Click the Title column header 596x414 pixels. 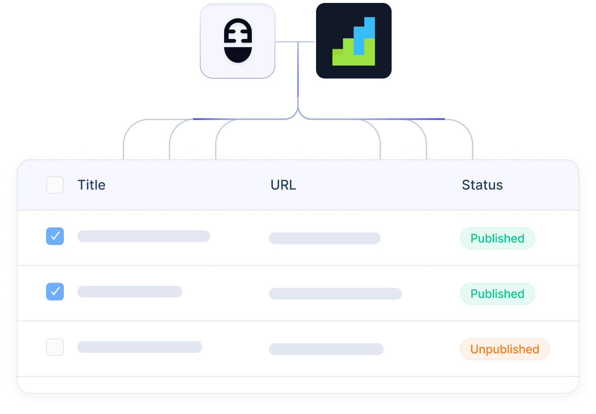click(91, 185)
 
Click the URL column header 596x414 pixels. click(283, 185)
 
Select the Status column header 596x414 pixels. click(482, 185)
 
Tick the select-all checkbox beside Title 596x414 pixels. click(55, 185)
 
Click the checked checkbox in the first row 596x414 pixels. click(55, 236)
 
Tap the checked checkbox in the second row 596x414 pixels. click(55, 291)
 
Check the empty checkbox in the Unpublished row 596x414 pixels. click(55, 347)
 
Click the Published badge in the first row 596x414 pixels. click(497, 238)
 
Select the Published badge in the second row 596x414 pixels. click(497, 293)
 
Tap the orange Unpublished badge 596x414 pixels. click(505, 349)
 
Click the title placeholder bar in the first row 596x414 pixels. click(144, 236)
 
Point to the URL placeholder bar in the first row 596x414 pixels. click(324, 238)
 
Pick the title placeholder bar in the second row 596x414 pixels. click(130, 291)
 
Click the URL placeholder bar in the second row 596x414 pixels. click(335, 293)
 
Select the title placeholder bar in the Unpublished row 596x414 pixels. click(140, 347)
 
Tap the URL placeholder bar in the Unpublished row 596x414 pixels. click(326, 349)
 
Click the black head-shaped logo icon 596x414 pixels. click(238, 40)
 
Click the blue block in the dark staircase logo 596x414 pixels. click(364, 36)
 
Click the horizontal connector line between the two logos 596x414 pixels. click(295, 42)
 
